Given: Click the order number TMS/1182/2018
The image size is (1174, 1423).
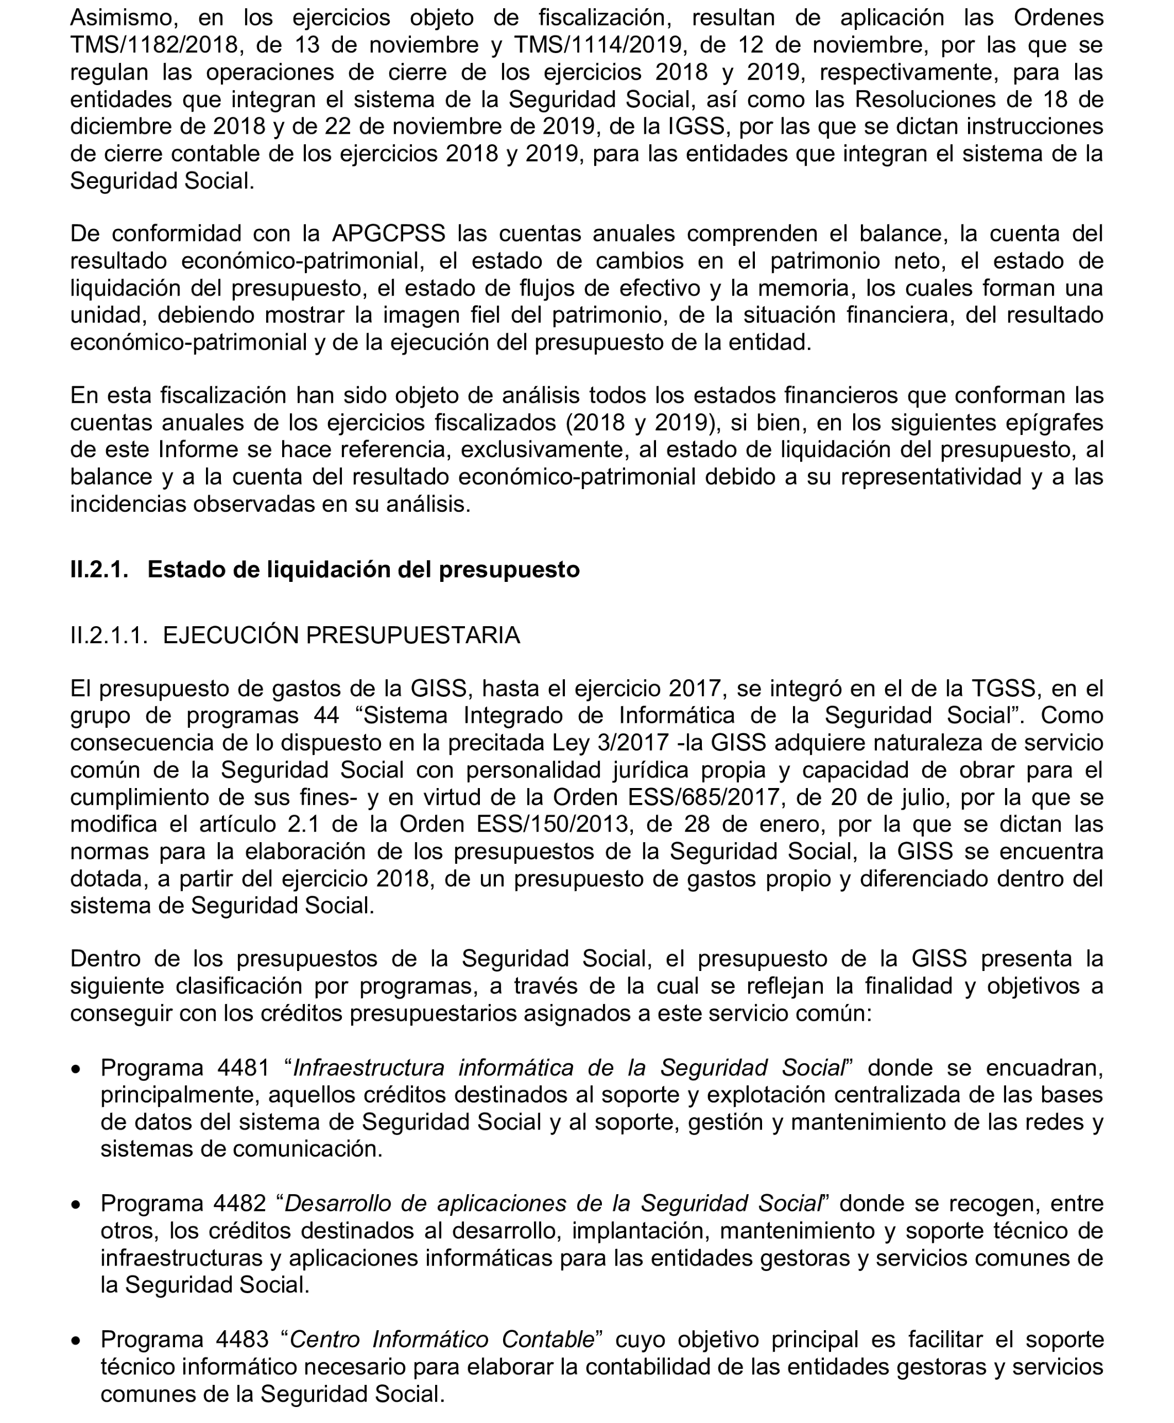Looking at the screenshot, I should pos(154,45).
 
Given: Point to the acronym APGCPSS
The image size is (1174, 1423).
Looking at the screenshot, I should pos(388,233).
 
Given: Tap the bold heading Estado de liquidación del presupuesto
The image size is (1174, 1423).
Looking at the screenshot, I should pos(363,570).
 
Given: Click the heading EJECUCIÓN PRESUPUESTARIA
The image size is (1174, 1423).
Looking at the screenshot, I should pos(341,636).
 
